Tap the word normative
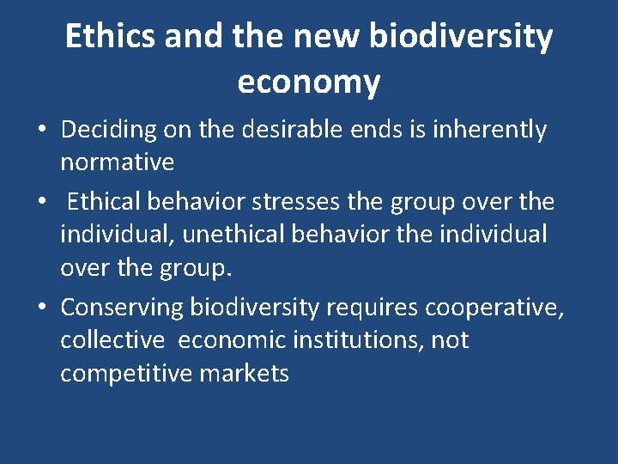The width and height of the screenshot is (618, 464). pyautogui.click(x=117, y=162)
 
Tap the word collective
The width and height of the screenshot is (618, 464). pyautogui.click(x=112, y=339)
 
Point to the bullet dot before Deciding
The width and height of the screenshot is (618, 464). pyautogui.click(x=41, y=131)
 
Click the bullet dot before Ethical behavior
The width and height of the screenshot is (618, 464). pyautogui.click(x=41, y=203)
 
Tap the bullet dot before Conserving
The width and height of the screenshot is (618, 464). pyautogui.click(x=41, y=308)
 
